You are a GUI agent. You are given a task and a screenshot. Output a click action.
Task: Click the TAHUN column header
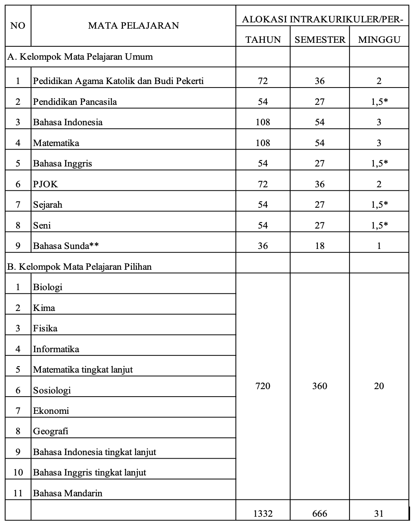(263, 39)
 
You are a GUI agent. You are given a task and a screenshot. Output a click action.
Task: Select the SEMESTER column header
(320, 39)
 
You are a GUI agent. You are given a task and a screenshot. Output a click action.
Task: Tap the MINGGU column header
(379, 39)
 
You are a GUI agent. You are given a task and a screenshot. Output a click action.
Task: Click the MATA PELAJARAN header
(133, 26)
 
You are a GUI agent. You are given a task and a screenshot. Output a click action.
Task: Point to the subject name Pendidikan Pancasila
(75, 101)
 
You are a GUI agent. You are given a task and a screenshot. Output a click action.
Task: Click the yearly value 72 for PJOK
(263, 184)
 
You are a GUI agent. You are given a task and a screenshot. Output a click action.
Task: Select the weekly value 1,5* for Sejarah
(379, 204)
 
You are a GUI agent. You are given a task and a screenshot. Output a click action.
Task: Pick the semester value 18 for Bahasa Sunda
(320, 245)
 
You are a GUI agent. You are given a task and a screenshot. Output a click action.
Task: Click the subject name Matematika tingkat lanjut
(83, 369)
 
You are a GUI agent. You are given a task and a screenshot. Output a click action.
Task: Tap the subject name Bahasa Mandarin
(68, 493)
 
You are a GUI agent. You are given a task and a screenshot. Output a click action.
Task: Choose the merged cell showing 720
(263, 386)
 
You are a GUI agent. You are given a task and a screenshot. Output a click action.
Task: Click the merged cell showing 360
(320, 386)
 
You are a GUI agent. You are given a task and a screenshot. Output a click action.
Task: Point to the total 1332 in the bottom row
(263, 513)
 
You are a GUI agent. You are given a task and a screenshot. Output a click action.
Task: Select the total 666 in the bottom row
(320, 513)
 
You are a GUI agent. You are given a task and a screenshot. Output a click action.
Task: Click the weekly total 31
(379, 513)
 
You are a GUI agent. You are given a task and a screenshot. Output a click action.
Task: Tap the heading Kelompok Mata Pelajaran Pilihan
(79, 266)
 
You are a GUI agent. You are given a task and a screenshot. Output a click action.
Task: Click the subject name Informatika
(56, 349)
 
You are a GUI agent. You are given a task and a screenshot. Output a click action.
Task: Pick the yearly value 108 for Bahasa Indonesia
(263, 122)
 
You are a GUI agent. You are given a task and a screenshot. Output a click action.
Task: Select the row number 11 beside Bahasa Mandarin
(18, 493)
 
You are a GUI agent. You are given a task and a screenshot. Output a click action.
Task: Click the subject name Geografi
(51, 431)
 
